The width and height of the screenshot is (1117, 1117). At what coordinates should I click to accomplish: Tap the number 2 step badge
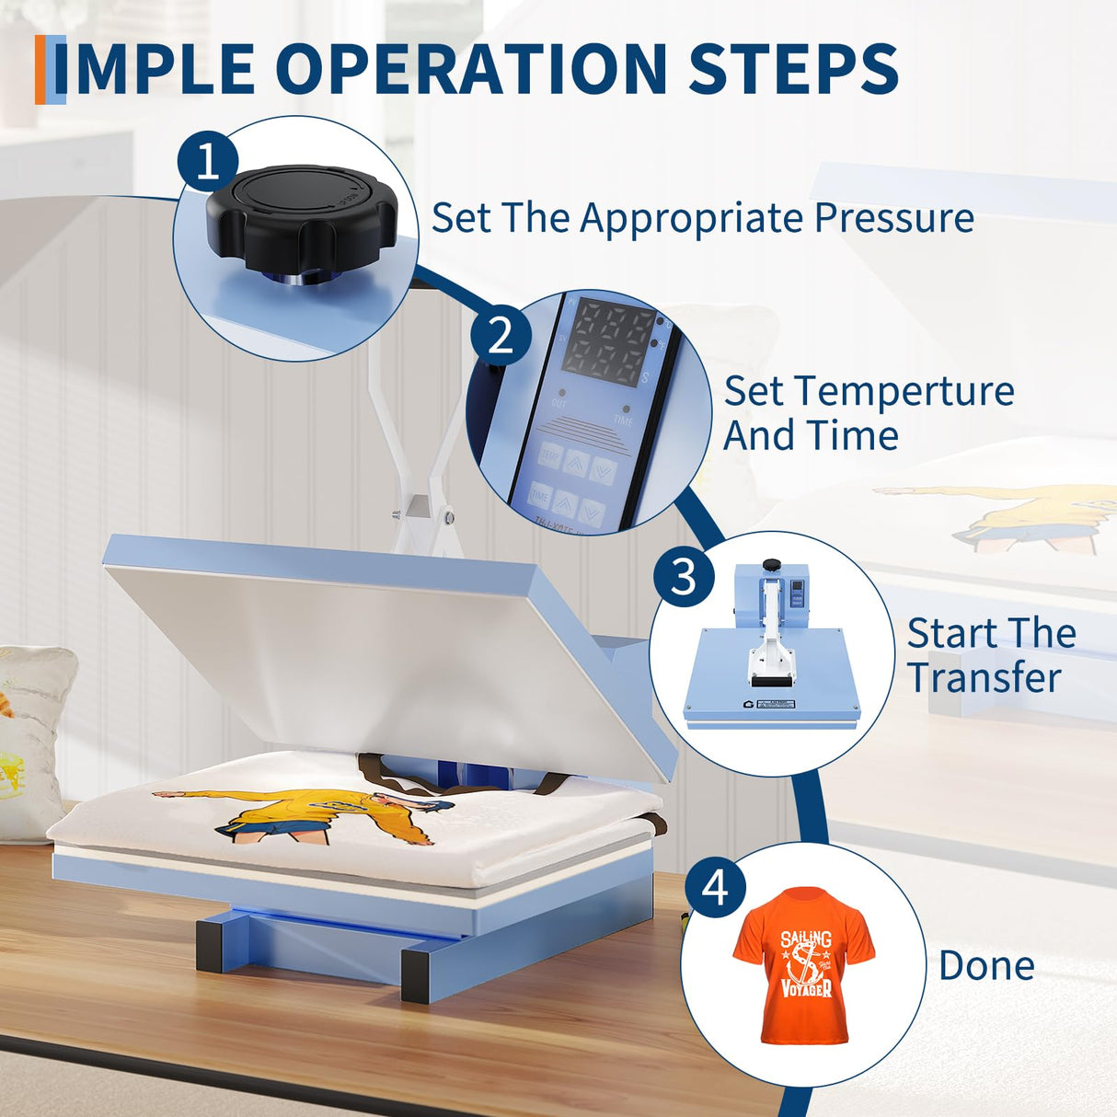tap(501, 335)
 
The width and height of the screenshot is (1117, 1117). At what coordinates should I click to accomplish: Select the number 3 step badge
tap(684, 577)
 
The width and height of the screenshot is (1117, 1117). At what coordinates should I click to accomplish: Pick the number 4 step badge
tap(715, 888)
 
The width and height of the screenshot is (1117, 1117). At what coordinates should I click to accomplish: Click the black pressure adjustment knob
tap(300, 217)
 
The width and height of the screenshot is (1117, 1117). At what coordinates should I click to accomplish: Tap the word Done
tap(986, 966)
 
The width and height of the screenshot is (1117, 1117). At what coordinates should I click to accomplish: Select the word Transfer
tap(984, 678)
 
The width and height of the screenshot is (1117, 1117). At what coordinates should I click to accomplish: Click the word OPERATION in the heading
tap(471, 69)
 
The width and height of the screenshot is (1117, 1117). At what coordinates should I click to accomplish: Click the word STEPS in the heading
tap(793, 69)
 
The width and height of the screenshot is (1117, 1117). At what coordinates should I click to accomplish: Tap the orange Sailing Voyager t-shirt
tap(804, 964)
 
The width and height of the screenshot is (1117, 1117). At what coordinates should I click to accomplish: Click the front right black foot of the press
tap(421, 976)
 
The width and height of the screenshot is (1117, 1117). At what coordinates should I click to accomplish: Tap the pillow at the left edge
tap(31, 736)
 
